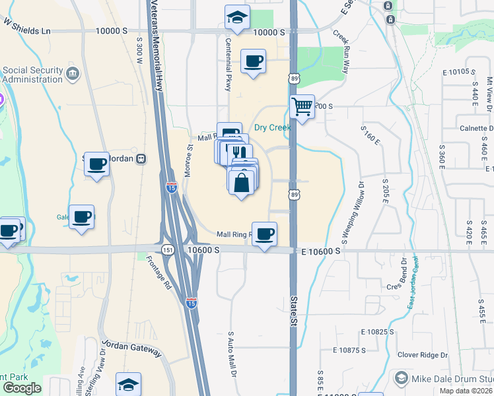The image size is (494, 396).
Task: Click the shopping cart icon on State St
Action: pyautogui.click(x=302, y=106)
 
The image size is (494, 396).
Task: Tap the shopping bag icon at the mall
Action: pyautogui.click(x=242, y=182)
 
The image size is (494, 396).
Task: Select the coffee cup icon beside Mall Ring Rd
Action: pyautogui.click(x=264, y=234)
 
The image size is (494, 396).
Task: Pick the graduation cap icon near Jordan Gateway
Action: pyautogui.click(x=128, y=385)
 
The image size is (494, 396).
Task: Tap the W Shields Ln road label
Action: pyautogui.click(x=27, y=26)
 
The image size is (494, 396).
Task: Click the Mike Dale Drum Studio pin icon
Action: pyautogui.click(x=400, y=378)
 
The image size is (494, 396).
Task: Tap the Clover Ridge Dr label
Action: pyautogui.click(x=423, y=355)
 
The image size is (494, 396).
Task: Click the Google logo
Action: pyautogui.click(x=22, y=387)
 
